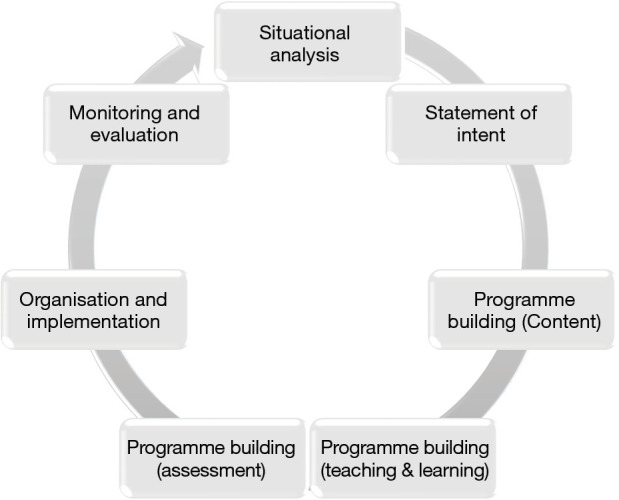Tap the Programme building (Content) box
tap(522, 310)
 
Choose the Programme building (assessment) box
tap(210, 456)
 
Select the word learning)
tap(455, 468)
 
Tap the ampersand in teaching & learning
tap(406, 468)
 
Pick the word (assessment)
tap(210, 468)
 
